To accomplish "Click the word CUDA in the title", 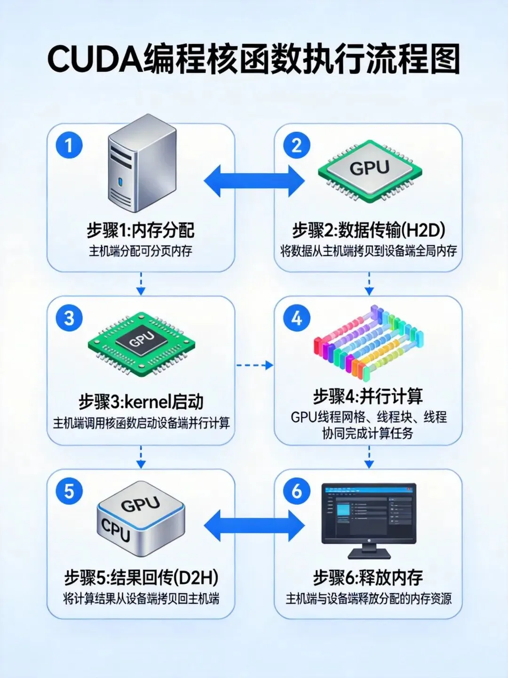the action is pos(95,59).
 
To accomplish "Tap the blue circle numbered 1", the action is pos(69,145).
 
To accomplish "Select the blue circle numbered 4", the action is pos(296,318).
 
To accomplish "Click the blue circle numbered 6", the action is pos(296,491).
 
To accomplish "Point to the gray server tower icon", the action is pos(142,163).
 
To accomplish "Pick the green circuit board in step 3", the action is pos(141,344).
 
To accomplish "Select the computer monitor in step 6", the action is pos(369,518).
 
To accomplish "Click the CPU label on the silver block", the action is pos(116,530).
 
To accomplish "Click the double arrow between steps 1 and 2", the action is pos(254,181).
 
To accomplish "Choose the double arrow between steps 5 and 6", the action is pos(254,526).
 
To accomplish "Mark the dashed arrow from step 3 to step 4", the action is pos(254,365).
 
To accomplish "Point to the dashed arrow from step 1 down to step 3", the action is pos(141,283).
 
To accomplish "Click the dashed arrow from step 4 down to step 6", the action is pos(369,457).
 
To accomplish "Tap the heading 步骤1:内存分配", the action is pos(140,230).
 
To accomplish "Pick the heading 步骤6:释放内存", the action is pos(368,577).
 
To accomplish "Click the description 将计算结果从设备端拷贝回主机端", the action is pos(141,599).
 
